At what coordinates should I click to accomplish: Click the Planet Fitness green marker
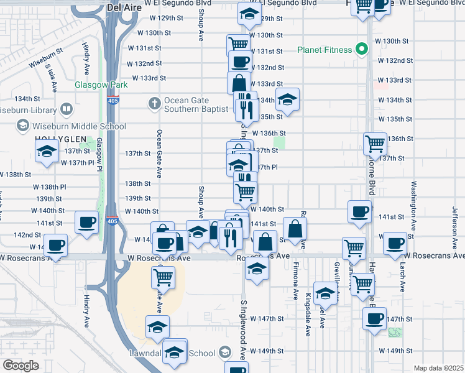[359, 50]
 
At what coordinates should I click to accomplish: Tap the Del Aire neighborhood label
[121, 7]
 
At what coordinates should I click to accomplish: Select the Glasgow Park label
[101, 85]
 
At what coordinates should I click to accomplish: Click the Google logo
[20, 365]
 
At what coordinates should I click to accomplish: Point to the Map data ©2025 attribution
[438, 368]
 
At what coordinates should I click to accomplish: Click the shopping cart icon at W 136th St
[375, 144]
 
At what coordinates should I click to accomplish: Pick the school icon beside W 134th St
[287, 99]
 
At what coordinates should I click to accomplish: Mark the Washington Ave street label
[413, 200]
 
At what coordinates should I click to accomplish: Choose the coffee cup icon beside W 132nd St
[240, 62]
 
